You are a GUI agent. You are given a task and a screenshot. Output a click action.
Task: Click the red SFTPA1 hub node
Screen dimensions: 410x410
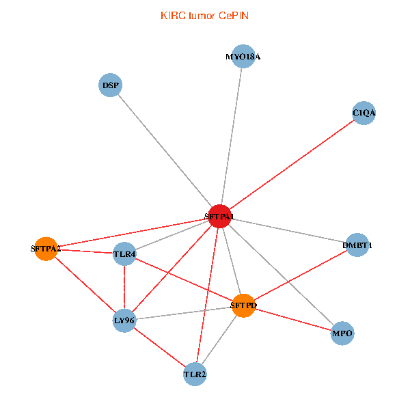coord(219,217)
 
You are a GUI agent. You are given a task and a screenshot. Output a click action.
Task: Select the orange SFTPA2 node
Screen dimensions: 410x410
coord(46,249)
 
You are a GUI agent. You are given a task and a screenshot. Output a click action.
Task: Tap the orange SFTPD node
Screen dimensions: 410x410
coord(243,305)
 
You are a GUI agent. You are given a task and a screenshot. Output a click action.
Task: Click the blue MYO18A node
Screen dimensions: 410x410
coord(243,57)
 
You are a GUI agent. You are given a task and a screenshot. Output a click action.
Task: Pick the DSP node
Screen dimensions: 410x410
coord(110,85)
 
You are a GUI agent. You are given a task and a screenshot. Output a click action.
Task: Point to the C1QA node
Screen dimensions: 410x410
coord(364,113)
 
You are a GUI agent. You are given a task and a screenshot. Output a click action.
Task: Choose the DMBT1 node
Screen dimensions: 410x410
coord(357,245)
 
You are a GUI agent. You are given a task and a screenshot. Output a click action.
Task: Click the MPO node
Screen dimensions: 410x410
coord(342,333)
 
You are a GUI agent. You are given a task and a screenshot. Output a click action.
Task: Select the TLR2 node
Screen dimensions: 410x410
coord(195,374)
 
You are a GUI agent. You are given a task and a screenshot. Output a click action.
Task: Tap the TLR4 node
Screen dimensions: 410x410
coord(125,254)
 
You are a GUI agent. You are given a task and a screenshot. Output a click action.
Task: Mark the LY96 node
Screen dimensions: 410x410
coord(124,320)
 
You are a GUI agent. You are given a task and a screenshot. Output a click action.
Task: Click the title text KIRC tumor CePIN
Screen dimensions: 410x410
coord(204,15)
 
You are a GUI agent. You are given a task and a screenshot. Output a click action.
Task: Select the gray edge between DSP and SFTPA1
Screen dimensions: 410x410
coord(165,151)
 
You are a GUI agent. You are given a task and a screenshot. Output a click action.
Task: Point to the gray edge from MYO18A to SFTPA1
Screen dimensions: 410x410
coord(231,137)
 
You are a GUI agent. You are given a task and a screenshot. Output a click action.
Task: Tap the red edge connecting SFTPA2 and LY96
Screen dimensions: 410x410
coord(85,284)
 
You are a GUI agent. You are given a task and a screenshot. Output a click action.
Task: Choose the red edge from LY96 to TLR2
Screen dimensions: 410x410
coord(159,346)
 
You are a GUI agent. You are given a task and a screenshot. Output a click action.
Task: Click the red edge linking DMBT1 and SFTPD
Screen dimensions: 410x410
coord(301,275)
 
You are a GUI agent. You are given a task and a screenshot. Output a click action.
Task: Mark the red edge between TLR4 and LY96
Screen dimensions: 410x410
coord(124,287)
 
